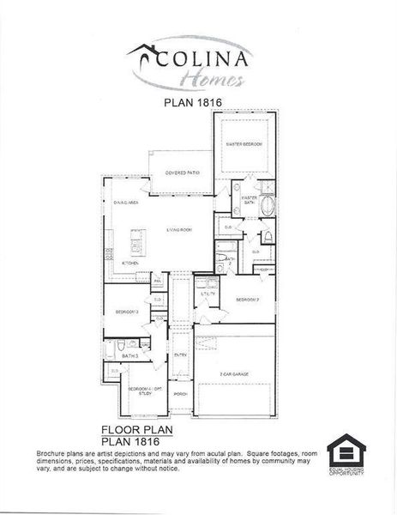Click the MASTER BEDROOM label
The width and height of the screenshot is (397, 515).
[244, 145]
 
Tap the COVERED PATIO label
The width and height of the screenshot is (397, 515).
[182, 173]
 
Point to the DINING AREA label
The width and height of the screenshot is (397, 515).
[126, 203]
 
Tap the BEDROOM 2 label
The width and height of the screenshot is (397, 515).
[249, 300]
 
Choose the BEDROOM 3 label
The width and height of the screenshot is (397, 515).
[127, 312]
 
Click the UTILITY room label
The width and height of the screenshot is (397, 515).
[208, 294]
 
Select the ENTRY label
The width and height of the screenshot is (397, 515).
[180, 354]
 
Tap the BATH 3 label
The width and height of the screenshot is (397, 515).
[130, 354]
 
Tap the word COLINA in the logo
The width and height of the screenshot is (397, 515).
[204, 62]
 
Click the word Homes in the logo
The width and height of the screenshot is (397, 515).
[211, 81]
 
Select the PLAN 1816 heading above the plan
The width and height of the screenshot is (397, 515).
[197, 100]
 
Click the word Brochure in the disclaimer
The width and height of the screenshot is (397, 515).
[54, 452]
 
